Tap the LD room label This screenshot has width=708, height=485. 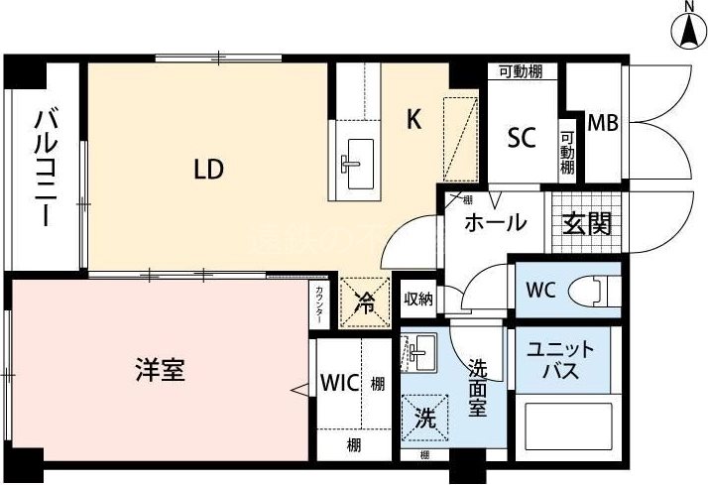pos(208,170)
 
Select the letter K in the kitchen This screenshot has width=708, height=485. pos(414,120)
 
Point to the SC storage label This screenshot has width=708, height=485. pos(522,138)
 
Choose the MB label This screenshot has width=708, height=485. pos(603,124)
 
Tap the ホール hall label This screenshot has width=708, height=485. pos(495,223)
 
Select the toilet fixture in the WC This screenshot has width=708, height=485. pos(600,291)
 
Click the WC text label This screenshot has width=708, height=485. pos(541,292)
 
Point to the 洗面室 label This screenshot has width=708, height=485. pos(479,387)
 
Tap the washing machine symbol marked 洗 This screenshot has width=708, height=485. pos(424,419)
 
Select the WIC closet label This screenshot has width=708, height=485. pos(337,383)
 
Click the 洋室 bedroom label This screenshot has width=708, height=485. pos(161,372)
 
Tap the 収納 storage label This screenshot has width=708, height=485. pos(418,298)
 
